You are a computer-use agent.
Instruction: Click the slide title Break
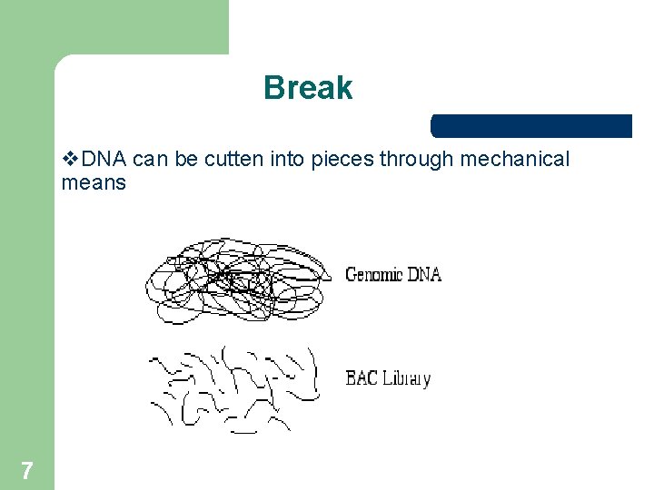click(x=308, y=88)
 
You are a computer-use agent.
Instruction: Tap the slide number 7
click(x=27, y=470)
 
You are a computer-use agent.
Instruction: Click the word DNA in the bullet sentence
click(x=104, y=160)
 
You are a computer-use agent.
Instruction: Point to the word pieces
click(x=342, y=160)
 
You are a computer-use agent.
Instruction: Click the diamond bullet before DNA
click(x=71, y=160)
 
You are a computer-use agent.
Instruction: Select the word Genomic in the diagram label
click(x=373, y=274)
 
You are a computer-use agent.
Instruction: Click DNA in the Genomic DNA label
click(x=423, y=273)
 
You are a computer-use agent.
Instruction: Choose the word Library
click(x=405, y=378)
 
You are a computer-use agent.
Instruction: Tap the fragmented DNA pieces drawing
click(x=232, y=386)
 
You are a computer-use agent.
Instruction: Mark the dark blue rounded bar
click(x=531, y=126)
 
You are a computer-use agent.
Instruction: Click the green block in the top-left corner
click(x=114, y=27)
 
